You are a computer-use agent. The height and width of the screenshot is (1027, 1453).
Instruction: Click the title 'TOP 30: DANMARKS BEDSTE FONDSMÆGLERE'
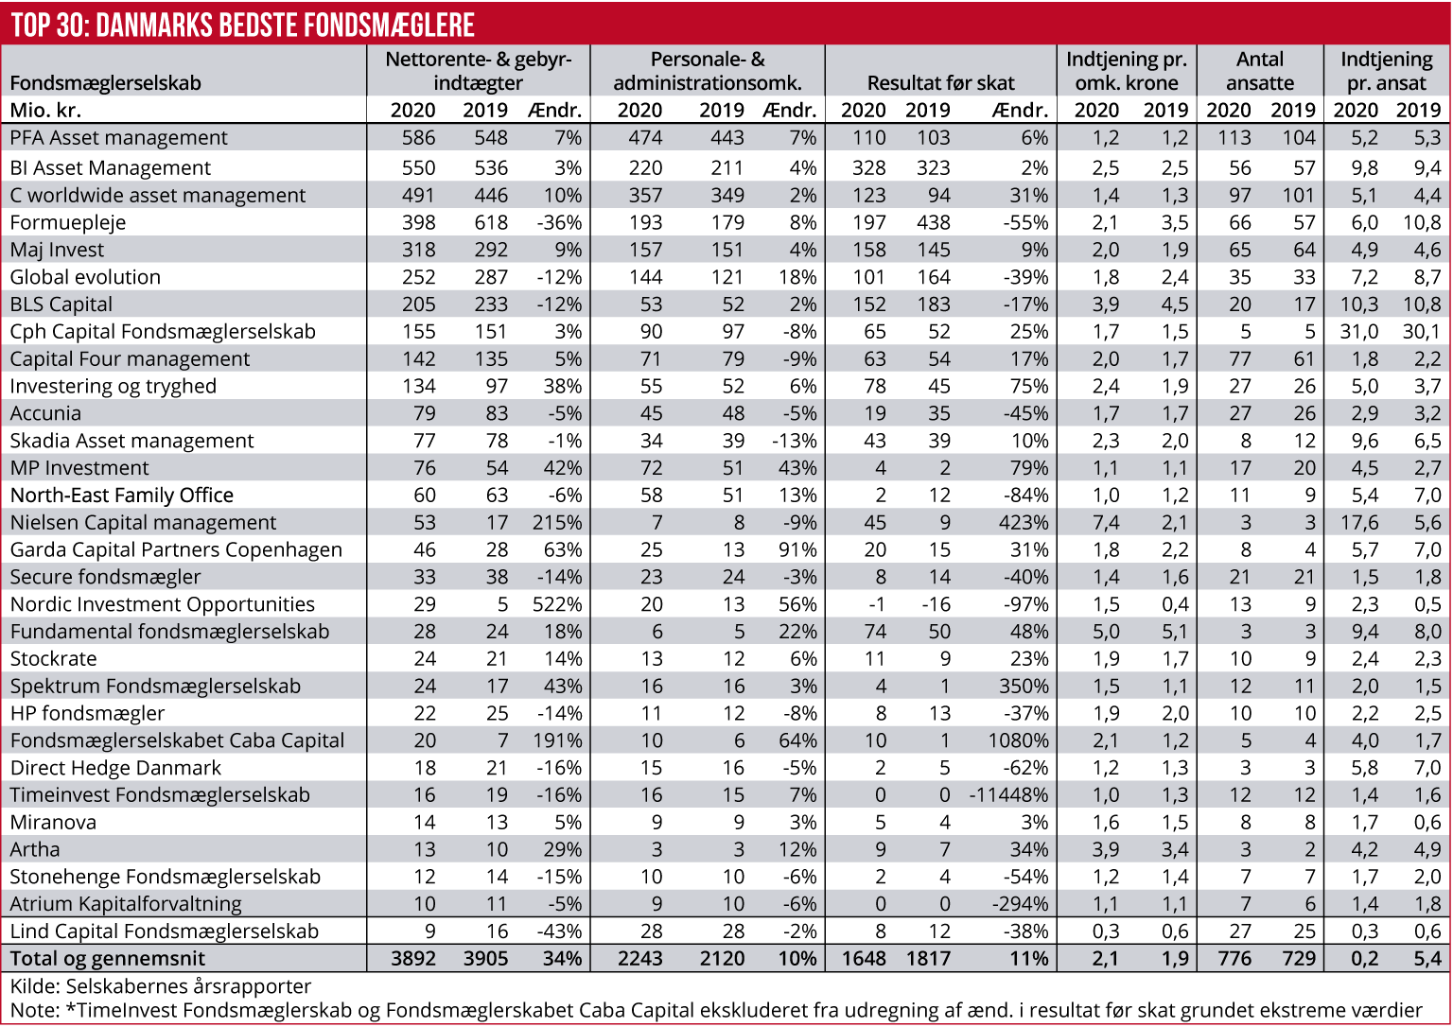[x=243, y=24]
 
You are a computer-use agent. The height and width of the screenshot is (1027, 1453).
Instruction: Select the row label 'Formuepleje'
[x=68, y=223]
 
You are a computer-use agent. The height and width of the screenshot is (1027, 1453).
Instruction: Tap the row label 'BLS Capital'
[x=61, y=305]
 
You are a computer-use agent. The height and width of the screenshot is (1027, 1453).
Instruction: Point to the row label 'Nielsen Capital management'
[x=144, y=523]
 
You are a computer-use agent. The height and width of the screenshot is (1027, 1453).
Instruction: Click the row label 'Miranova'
[x=53, y=823]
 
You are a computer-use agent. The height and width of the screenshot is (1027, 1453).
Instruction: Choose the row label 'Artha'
[x=35, y=850]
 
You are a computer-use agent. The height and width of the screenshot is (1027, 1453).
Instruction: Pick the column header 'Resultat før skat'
[x=940, y=83]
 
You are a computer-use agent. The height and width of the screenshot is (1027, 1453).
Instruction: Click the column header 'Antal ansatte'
[x=1260, y=71]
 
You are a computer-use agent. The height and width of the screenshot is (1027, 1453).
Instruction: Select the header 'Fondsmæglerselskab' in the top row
[x=106, y=83]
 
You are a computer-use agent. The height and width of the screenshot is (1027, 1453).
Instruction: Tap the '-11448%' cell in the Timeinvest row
[x=1009, y=795]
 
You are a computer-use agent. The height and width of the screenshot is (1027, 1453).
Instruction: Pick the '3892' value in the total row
[x=413, y=959]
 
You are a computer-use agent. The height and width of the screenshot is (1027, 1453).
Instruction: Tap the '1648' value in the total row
[x=864, y=959]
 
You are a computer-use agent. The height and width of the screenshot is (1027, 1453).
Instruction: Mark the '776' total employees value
[x=1234, y=959]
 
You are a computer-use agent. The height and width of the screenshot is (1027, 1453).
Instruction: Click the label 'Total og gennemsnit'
[x=108, y=959]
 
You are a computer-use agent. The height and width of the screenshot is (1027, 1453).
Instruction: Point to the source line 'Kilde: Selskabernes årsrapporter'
[x=161, y=986]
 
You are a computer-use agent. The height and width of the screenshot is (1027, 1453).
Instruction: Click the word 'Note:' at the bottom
[x=34, y=1010]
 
